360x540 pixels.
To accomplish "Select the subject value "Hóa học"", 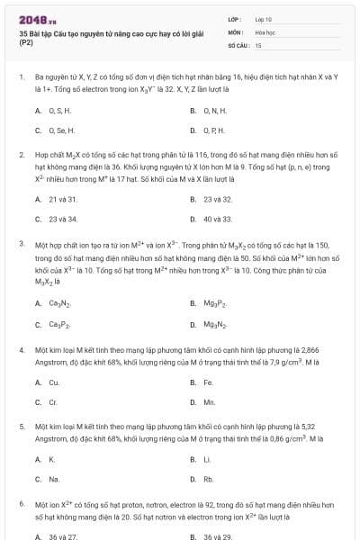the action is (264, 31).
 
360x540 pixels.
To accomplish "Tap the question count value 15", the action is (258, 44).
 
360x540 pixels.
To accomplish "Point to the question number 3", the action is (21, 243).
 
